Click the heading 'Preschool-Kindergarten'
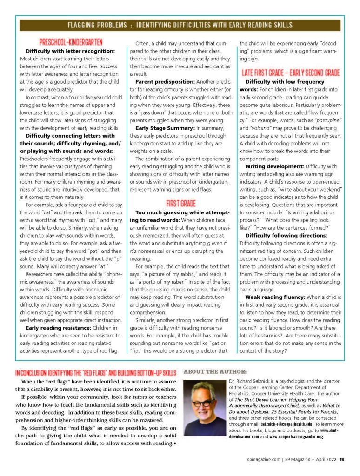71,41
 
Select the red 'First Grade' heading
181,203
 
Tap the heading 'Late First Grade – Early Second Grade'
291,73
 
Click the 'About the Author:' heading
215,372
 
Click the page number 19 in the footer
342,460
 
